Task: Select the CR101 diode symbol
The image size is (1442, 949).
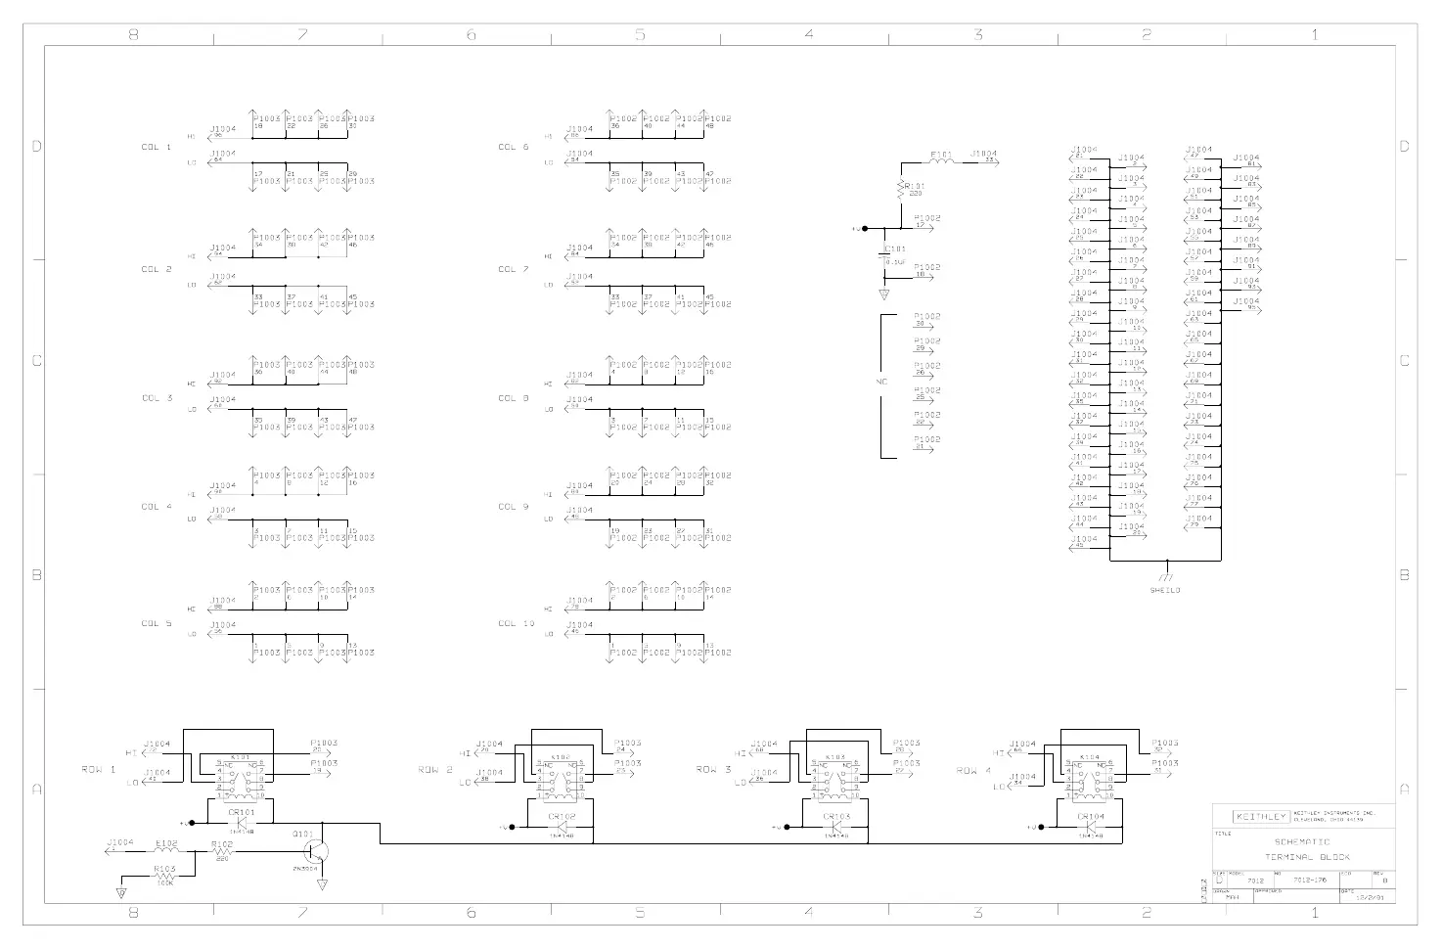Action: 241,824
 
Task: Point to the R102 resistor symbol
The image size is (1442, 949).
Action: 221,851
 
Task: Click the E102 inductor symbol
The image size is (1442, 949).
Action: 165,851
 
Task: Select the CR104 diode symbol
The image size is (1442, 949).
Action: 1091,828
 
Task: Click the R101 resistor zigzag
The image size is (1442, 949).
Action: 900,189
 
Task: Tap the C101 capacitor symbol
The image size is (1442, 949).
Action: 884,255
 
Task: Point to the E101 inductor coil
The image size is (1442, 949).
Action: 940,162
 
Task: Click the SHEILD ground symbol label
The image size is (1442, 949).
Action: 1165,590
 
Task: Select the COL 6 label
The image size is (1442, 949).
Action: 514,148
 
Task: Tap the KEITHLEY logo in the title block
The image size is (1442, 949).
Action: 1262,817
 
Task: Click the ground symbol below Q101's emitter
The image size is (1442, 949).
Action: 322,884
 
